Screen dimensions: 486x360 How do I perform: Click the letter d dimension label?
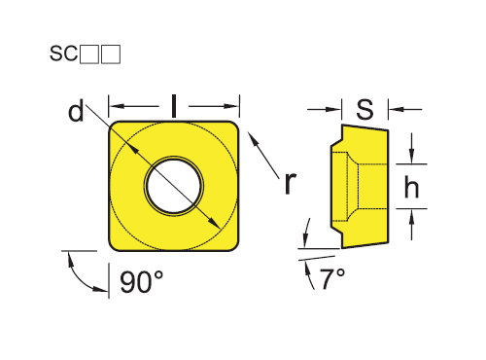pos(76,111)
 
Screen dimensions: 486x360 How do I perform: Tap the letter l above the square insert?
pos(174,106)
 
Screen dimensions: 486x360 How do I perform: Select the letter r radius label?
pos(290,183)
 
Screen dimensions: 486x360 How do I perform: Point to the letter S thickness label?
pos(364,109)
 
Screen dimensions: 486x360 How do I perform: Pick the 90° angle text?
pos(142,282)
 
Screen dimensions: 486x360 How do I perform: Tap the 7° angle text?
pos(333,278)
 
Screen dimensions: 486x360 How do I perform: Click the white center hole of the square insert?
pos(174,186)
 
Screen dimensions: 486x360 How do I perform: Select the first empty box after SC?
pos(88,54)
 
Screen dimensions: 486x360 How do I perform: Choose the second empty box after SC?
pos(111,54)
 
